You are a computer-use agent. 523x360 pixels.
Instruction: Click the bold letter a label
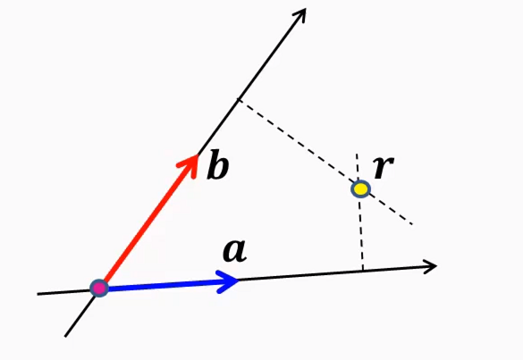(234, 252)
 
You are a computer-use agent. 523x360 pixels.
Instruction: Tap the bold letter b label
(217, 166)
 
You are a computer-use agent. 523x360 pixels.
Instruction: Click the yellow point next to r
(360, 188)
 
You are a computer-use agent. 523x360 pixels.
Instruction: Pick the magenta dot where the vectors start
(99, 288)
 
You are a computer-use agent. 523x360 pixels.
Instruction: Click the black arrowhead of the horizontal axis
(430, 265)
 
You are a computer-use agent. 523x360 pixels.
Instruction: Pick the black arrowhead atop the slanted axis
(300, 15)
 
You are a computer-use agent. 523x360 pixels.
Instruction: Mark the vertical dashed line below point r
(361, 232)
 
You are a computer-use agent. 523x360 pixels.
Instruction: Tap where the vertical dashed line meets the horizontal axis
(362, 269)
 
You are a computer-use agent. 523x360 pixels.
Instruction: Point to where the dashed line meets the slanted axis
(237, 98)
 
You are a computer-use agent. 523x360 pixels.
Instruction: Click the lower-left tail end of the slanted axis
(66, 335)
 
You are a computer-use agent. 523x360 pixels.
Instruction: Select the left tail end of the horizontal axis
(39, 292)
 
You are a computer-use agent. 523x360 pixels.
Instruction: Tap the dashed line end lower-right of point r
(410, 223)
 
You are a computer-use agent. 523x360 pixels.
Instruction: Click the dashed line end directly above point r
(358, 155)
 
